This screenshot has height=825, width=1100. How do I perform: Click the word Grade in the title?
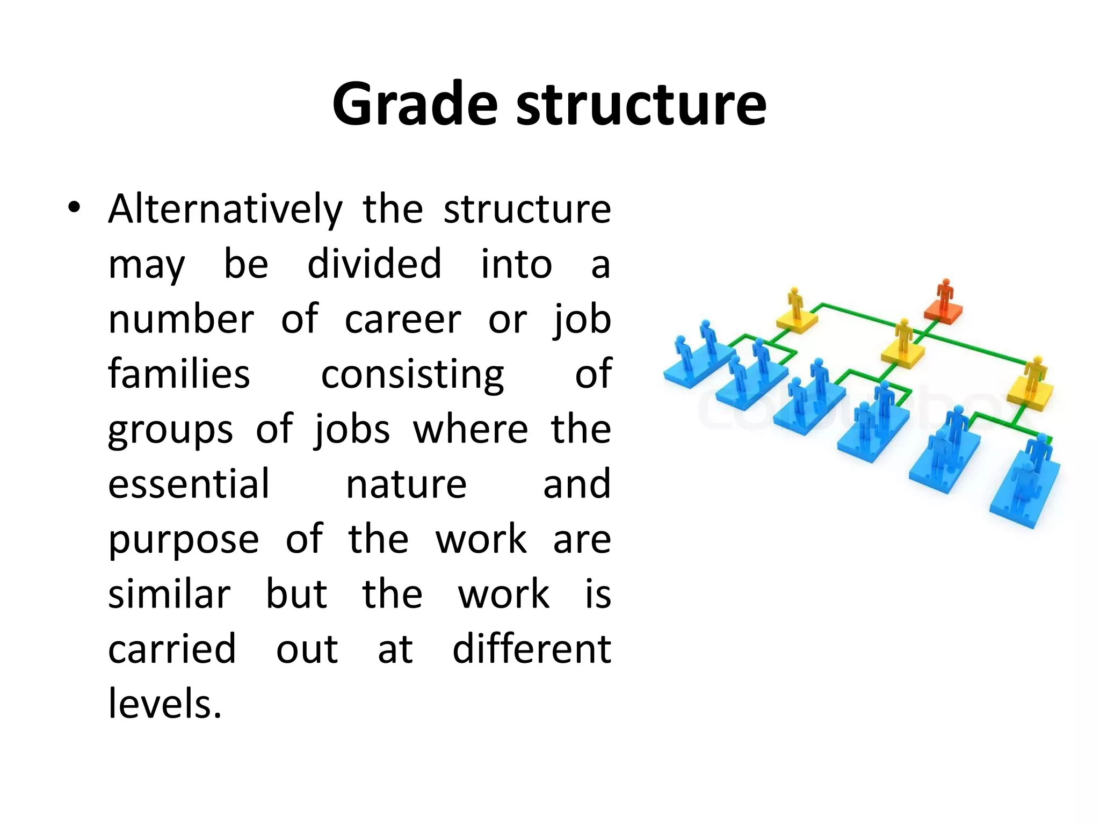click(415, 104)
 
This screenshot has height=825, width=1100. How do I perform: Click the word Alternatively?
click(225, 209)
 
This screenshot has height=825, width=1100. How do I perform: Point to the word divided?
click(374, 264)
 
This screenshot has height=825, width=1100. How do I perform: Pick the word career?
click(403, 320)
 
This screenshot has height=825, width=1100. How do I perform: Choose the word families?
click(179, 374)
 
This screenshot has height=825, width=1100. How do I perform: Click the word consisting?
click(412, 375)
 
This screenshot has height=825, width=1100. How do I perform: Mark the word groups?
click(170, 430)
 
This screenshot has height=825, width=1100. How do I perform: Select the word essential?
click(189, 484)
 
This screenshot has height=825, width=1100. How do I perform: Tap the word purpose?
click(184, 540)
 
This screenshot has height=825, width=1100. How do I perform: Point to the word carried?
click(172, 649)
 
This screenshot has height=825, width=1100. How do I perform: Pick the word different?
click(532, 649)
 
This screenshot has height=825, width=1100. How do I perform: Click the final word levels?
click(165, 704)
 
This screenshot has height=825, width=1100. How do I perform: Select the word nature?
click(406, 484)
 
